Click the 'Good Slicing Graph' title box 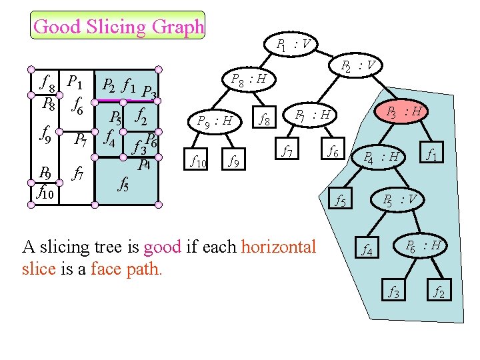click(x=119, y=27)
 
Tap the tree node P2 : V click(x=357, y=66)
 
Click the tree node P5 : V click(x=400, y=200)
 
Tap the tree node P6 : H click(x=423, y=245)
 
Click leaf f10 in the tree click(x=198, y=160)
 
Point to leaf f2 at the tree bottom click(x=440, y=291)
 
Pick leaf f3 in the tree click(x=395, y=291)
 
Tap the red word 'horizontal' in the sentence click(x=279, y=247)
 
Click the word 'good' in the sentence click(x=162, y=247)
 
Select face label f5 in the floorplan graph click(x=123, y=183)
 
